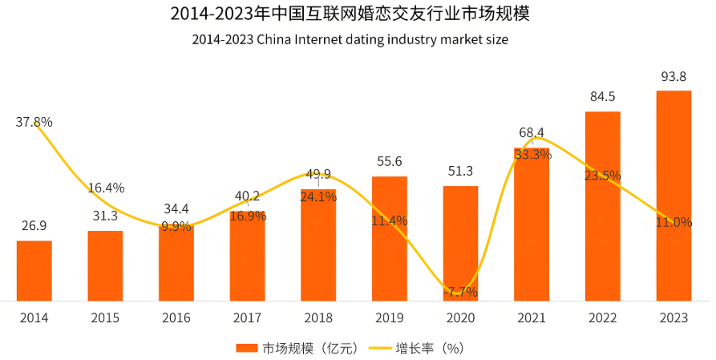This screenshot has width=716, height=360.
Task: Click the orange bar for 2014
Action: pyautogui.click(x=34, y=270)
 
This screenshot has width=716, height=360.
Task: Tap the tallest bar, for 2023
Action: pyautogui.click(x=674, y=196)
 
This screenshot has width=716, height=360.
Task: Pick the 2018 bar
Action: pyautogui.click(x=318, y=245)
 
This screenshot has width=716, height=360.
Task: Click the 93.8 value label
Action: pyautogui.click(x=674, y=77)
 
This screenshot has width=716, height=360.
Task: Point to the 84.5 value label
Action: pyautogui.click(x=602, y=97)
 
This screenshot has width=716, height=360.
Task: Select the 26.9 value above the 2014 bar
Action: pyautogui.click(x=34, y=226)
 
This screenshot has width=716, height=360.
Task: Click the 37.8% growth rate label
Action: pyautogui.click(x=34, y=123)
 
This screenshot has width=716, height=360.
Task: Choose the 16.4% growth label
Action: pyautogui.click(x=106, y=188)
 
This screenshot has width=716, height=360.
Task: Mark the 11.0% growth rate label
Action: pyautogui.click(x=674, y=222)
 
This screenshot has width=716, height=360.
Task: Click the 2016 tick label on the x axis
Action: pyautogui.click(x=176, y=318)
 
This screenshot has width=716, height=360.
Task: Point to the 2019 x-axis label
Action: pyautogui.click(x=389, y=318)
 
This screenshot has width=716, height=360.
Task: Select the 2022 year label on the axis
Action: pyautogui.click(x=602, y=318)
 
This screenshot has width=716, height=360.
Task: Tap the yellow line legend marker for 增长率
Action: pyautogui.click(x=380, y=348)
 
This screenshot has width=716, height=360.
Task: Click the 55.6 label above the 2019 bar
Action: pyautogui.click(x=389, y=162)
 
